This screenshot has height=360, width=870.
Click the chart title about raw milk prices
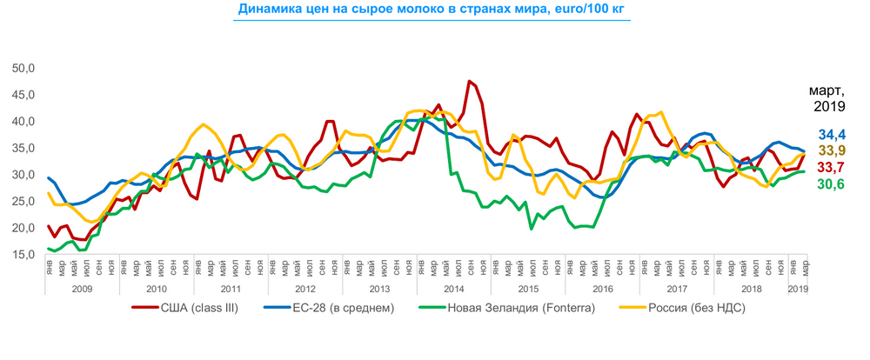[x=420, y=10]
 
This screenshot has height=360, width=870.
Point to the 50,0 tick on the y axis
[x=23, y=68]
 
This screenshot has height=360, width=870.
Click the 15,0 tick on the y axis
[x=23, y=254]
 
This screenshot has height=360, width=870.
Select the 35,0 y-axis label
[x=23, y=148]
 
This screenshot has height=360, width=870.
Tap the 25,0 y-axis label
[x=23, y=201]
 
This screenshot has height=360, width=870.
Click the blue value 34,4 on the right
[x=834, y=135]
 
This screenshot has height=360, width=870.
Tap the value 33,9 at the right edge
[x=834, y=151]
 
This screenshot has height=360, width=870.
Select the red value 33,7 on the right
[x=834, y=168]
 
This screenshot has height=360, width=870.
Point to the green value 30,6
[x=834, y=183]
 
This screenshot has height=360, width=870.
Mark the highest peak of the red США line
[x=470, y=81]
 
